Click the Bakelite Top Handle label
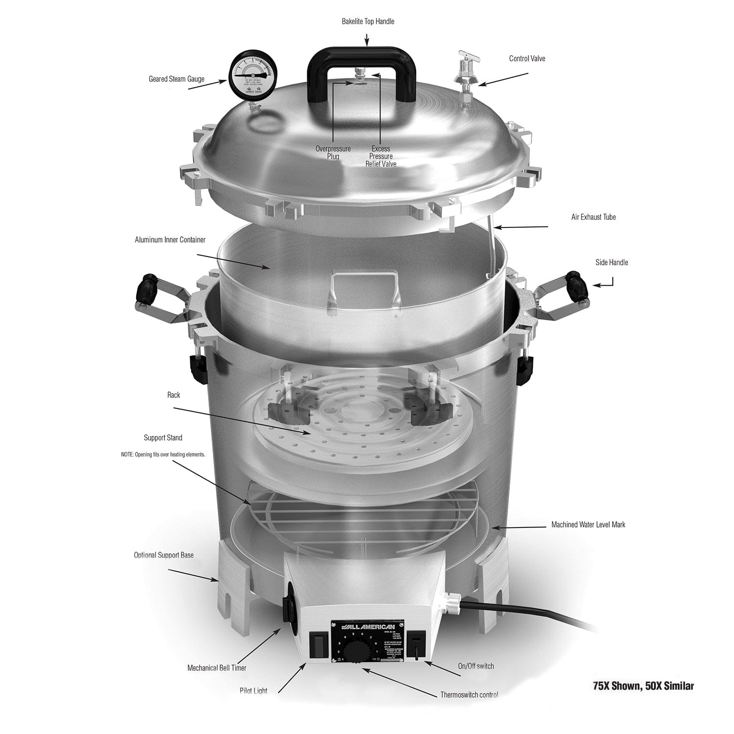tap(367, 22)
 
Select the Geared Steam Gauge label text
tap(176, 79)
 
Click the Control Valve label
tap(527, 59)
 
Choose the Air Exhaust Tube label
tap(593, 217)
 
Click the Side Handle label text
tap(611, 262)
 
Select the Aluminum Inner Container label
tap(170, 240)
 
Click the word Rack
tap(174, 395)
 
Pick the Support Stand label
tap(163, 437)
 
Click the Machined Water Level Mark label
tap(588, 525)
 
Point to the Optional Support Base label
tap(163, 555)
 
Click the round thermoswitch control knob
tap(354, 652)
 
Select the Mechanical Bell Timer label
tap(217, 667)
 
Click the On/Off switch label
tap(476, 666)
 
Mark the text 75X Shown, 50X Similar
tap(643, 686)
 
